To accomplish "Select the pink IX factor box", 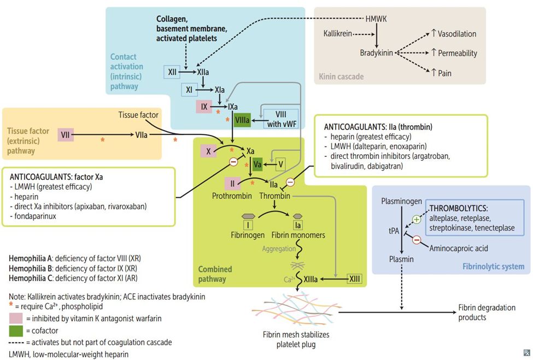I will (203, 107).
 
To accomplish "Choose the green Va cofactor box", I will (257, 163).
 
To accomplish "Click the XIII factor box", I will (355, 279).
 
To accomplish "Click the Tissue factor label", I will (138, 115).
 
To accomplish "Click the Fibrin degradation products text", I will (488, 312).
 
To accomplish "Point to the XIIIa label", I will (312, 279).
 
